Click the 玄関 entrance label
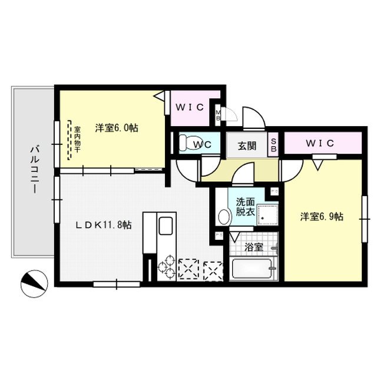247,145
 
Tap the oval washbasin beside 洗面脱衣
224,216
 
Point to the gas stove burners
167,265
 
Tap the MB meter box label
218,113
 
